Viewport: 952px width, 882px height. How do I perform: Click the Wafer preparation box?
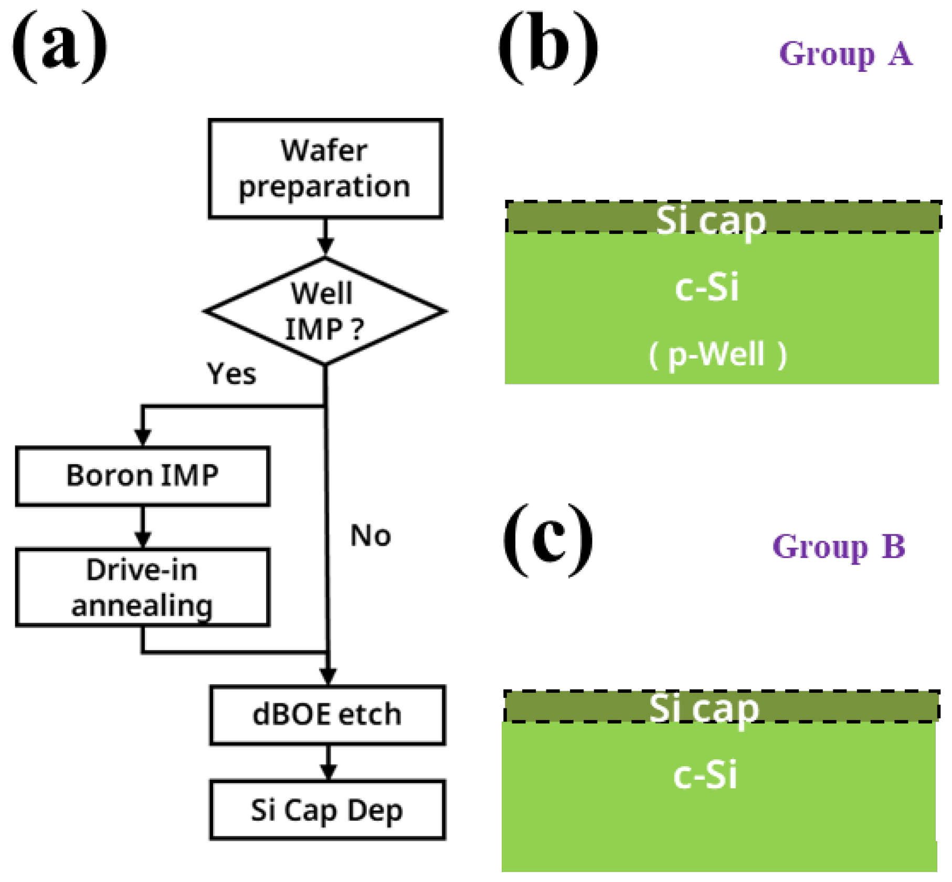pyautogui.click(x=325, y=168)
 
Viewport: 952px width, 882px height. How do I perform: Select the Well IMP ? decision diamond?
pyautogui.click(x=325, y=310)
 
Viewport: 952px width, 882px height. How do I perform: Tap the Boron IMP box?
pyautogui.click(x=142, y=476)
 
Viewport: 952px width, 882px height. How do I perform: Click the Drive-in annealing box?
pyautogui.click(x=142, y=587)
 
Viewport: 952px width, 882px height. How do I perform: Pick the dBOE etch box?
pyautogui.click(x=327, y=714)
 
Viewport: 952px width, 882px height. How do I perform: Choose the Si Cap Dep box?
pyautogui.click(x=327, y=810)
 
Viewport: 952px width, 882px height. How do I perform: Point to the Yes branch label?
pyautogui.click(x=231, y=374)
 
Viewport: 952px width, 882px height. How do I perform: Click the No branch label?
pyautogui.click(x=371, y=535)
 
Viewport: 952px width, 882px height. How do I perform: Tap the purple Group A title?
pyautogui.click(x=845, y=54)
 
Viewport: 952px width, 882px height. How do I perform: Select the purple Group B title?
pyautogui.click(x=838, y=547)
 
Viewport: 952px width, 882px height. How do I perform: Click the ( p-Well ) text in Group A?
pyautogui.click(x=717, y=354)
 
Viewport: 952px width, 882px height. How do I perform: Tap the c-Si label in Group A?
pyautogui.click(x=706, y=287)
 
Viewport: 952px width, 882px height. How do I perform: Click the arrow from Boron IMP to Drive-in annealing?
pyautogui.click(x=143, y=527)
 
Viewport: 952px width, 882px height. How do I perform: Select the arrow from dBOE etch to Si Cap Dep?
pyautogui.click(x=328, y=761)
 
